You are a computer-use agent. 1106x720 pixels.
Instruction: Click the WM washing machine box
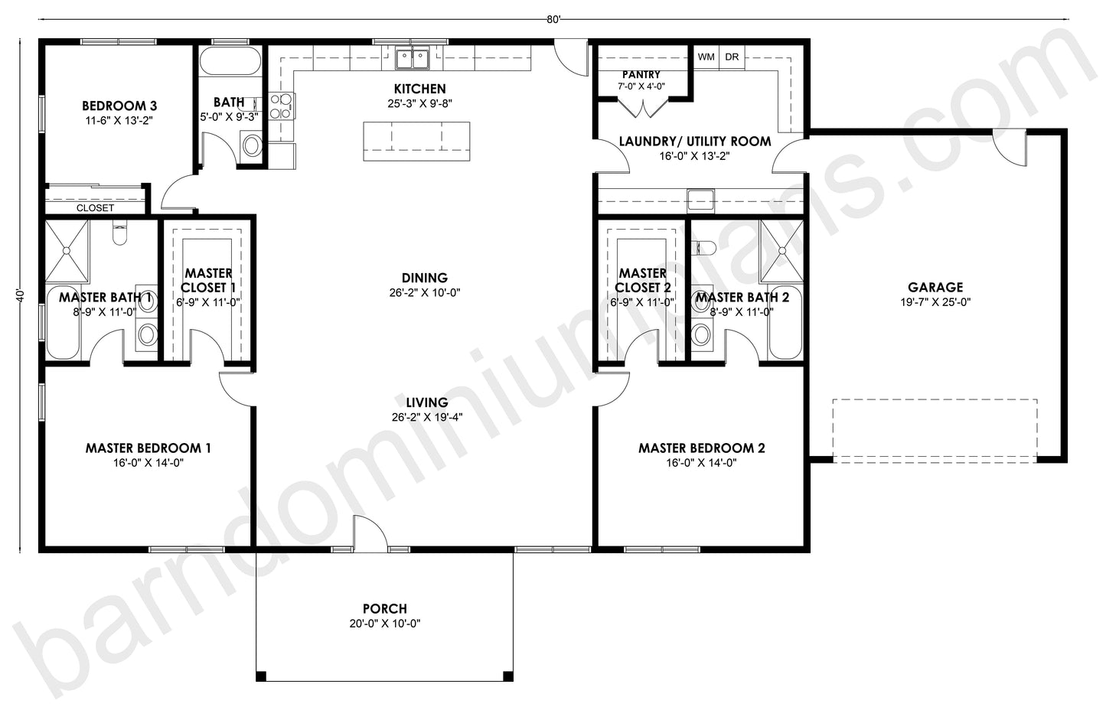pos(706,57)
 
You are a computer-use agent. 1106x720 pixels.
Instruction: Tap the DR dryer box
pos(732,57)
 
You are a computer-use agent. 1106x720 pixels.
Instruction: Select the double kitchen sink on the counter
pos(413,57)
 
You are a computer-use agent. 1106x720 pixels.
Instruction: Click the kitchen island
pos(416,141)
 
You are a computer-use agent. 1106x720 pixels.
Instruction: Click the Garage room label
pos(935,288)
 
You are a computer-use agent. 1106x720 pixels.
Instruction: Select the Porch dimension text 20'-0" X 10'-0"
pos(384,624)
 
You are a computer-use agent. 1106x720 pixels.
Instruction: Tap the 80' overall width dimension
pos(553,20)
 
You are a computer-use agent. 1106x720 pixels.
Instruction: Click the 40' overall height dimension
pos(23,296)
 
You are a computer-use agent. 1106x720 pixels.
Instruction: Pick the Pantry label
pos(641,74)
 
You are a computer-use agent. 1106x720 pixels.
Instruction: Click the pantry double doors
pos(641,107)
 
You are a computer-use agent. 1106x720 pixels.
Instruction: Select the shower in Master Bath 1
pos(67,249)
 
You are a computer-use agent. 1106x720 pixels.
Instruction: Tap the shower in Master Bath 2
pos(781,249)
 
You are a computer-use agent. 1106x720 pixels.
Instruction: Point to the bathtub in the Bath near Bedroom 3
pos(230,62)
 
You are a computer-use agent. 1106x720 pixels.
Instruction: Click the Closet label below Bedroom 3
pos(95,208)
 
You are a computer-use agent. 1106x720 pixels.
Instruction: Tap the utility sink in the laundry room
pos(700,200)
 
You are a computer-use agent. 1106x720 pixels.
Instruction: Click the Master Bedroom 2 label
pos(701,448)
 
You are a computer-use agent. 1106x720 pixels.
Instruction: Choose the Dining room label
pos(424,278)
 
